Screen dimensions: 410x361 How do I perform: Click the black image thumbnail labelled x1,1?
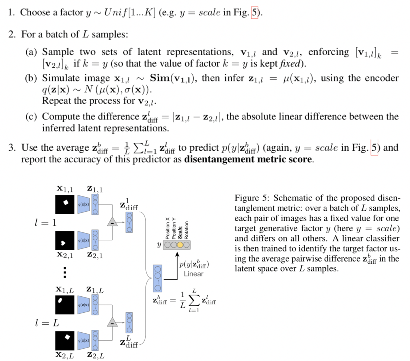point(65,204)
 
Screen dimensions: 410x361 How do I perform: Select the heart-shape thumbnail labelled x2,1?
point(65,240)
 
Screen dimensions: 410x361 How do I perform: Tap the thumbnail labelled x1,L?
point(65,304)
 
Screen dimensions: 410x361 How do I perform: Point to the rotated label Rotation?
point(187,230)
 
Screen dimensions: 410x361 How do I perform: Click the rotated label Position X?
point(168,228)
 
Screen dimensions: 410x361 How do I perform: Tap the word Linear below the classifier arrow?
point(193,274)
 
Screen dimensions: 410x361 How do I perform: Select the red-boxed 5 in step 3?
point(374,148)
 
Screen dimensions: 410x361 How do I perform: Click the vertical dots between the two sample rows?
point(64,272)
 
